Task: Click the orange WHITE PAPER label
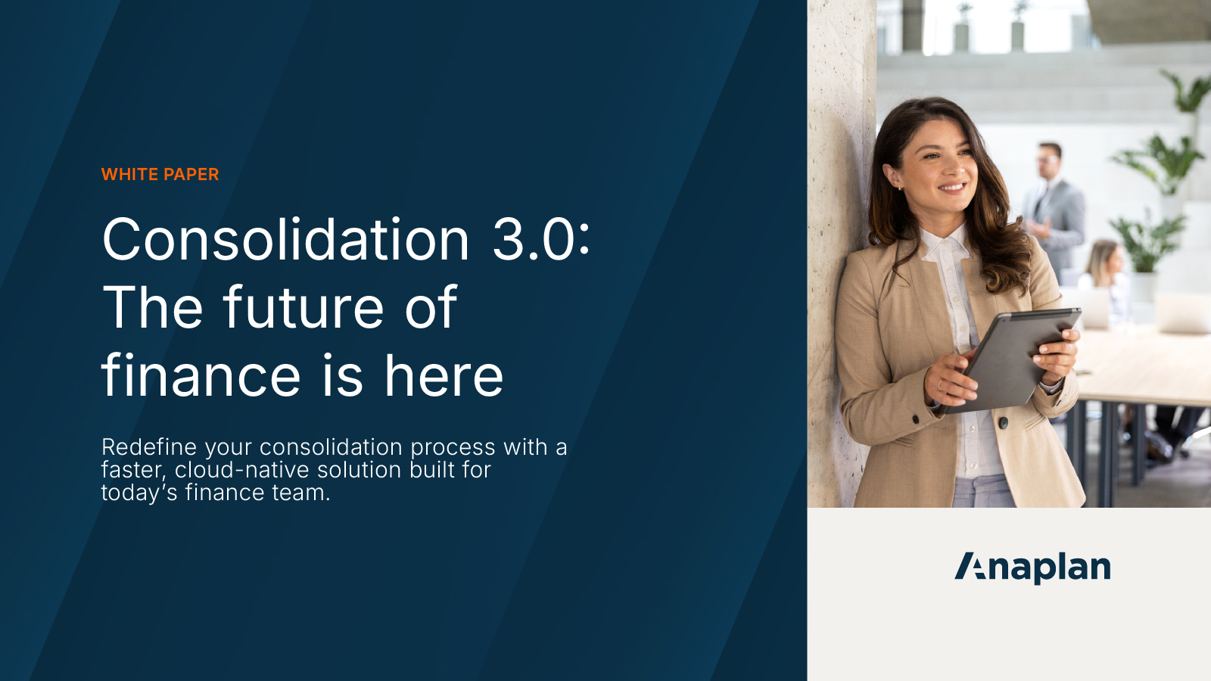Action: coord(160,175)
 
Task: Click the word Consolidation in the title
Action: coord(286,240)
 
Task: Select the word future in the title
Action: coord(304,308)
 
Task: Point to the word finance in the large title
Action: coord(201,376)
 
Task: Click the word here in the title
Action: coord(444,376)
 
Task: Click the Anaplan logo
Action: coord(1032,567)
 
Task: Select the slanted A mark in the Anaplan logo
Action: coord(970,566)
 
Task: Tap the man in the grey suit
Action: coord(1053,204)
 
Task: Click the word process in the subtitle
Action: coord(453,447)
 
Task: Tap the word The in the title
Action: coord(152,308)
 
